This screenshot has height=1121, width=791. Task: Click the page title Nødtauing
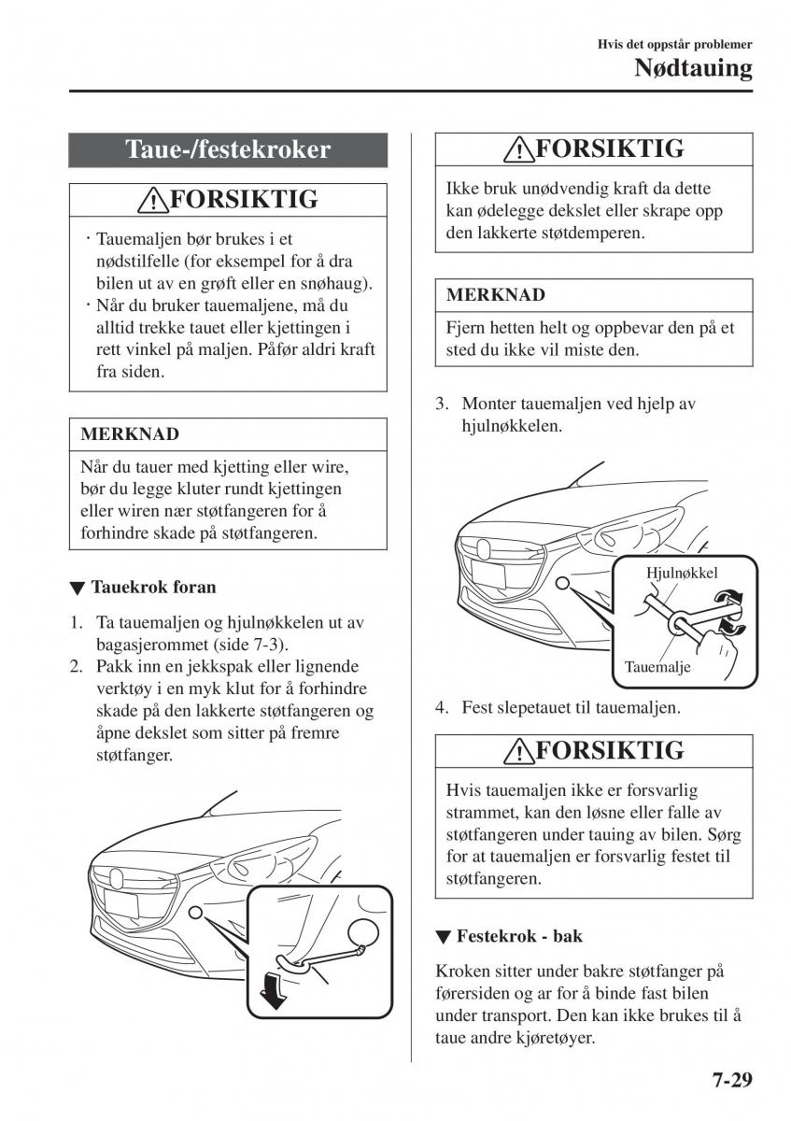tap(693, 68)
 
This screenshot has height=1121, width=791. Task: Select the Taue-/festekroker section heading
tap(228, 149)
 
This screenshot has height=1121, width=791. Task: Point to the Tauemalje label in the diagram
tap(657, 668)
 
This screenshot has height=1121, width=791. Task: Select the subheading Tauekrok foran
tap(153, 588)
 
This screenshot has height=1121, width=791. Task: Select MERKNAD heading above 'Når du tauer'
tap(130, 434)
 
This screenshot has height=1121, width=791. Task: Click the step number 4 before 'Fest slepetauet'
tap(442, 708)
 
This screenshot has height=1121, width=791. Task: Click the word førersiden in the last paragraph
tap(478, 992)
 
